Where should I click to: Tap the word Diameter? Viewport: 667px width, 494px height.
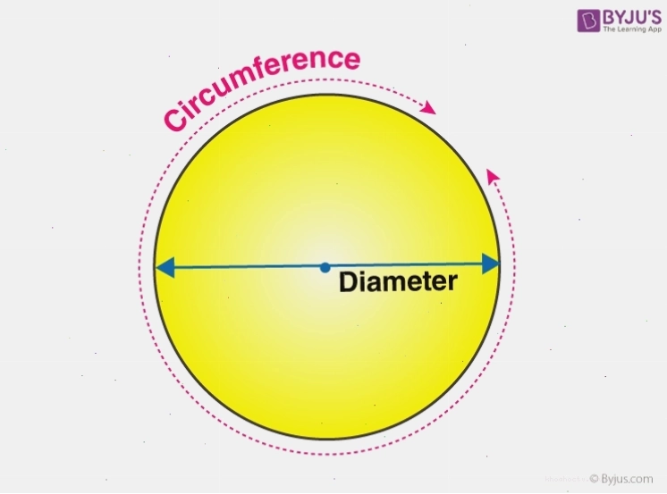click(398, 282)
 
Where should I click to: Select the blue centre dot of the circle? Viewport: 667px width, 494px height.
click(325, 267)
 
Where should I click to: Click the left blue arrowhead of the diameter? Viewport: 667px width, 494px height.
click(165, 267)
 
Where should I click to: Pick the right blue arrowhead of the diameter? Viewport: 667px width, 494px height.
click(491, 264)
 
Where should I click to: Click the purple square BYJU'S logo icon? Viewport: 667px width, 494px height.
click(588, 21)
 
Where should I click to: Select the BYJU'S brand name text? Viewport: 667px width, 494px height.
click(632, 18)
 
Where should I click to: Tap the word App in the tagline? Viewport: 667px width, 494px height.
click(654, 29)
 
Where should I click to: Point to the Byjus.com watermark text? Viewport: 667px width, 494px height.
click(627, 479)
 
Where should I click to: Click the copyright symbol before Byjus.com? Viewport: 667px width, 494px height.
click(595, 479)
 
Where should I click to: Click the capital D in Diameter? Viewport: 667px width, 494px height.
click(348, 282)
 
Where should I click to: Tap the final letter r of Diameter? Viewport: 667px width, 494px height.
click(452, 283)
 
